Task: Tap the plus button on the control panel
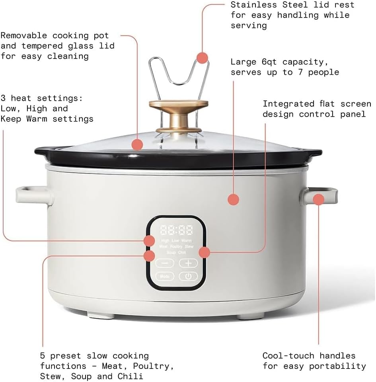tap(188, 263)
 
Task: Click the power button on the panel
tap(188, 276)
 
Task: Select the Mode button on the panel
tap(164, 276)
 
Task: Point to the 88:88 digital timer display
tap(176, 230)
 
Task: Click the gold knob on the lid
tap(179, 115)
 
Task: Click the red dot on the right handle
tap(319, 199)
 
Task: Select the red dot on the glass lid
tap(137, 144)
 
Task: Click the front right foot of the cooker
tap(251, 317)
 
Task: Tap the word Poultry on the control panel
tap(176, 247)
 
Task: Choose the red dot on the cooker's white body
tap(234, 199)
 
